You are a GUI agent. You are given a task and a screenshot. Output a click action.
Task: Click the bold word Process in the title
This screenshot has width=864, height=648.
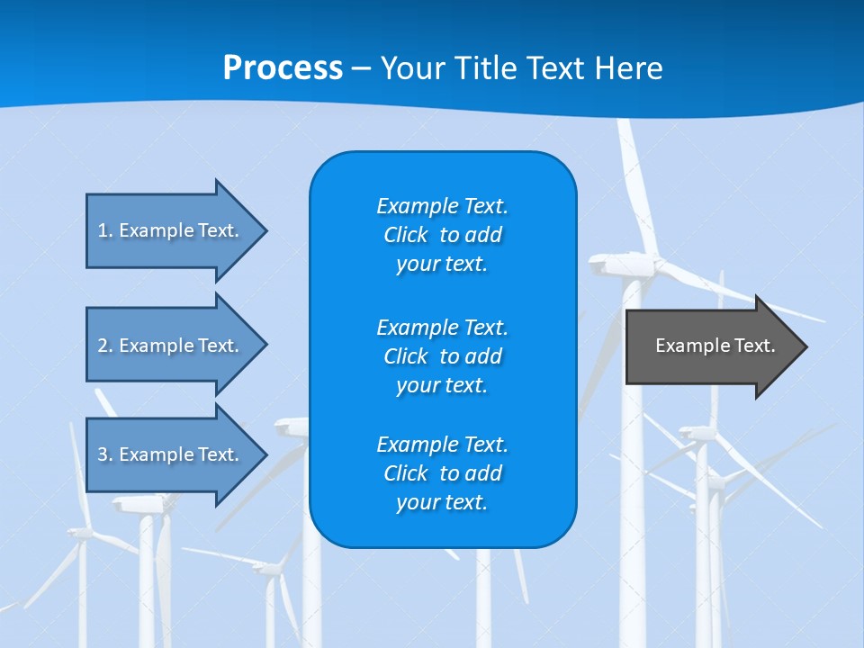click(283, 68)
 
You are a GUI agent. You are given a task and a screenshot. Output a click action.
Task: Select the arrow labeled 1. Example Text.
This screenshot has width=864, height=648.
click(171, 230)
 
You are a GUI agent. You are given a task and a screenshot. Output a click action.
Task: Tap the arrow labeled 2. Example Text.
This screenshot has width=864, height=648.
click(171, 346)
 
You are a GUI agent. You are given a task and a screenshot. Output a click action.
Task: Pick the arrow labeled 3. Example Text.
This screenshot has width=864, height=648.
click(171, 454)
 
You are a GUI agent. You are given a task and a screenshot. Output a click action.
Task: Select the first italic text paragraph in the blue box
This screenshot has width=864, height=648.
click(443, 235)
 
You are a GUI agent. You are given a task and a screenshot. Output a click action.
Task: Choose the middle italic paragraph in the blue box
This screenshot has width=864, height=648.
click(443, 356)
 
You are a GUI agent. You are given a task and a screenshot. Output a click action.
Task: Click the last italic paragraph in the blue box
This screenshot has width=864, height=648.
click(443, 473)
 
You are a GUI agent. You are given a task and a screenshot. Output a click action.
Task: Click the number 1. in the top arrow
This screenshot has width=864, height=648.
click(105, 230)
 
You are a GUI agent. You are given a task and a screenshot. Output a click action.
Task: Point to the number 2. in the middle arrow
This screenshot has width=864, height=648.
click(105, 346)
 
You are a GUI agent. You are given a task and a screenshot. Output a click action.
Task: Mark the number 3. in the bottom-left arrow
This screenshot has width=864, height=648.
click(105, 454)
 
